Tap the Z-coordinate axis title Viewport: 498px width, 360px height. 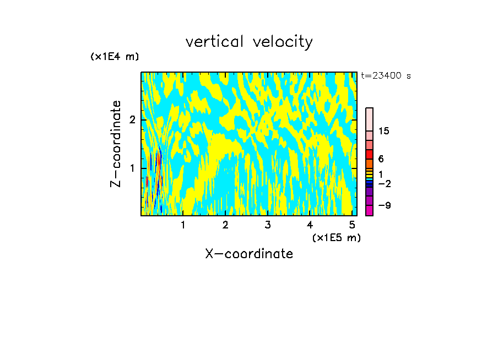(x=116, y=144)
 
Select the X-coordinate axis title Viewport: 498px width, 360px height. (x=249, y=254)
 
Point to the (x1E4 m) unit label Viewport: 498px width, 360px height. (x=115, y=57)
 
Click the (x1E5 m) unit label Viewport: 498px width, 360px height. (x=336, y=237)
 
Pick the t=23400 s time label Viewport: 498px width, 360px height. (x=386, y=76)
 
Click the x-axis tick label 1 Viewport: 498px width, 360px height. (x=183, y=225)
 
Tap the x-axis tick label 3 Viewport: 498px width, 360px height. (x=268, y=225)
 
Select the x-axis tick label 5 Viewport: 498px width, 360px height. (x=352, y=225)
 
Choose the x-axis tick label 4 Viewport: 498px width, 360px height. (x=310, y=225)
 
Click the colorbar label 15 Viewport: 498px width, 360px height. (x=385, y=131)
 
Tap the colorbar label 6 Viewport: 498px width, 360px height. (x=381, y=159)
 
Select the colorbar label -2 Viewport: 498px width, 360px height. (x=384, y=184)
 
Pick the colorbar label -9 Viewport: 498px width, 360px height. (x=384, y=205)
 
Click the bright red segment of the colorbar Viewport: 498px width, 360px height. (x=370, y=154)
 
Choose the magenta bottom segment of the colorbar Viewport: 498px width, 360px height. (x=370, y=210)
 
